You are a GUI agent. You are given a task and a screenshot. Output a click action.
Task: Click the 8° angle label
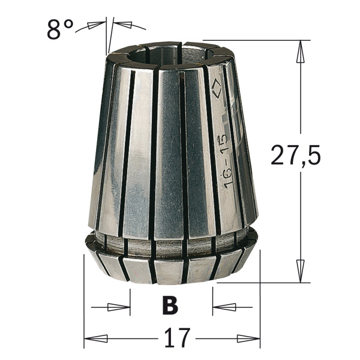pyautogui.click(x=60, y=29)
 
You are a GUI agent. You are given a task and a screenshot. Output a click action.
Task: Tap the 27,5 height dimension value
pyautogui.click(x=296, y=155)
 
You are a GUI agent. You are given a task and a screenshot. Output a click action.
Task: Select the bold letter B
pyautogui.click(x=170, y=306)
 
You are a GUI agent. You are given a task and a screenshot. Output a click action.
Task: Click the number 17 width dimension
pyautogui.click(x=177, y=338)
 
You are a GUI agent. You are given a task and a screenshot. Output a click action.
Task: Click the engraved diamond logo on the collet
pyautogui.click(x=216, y=90)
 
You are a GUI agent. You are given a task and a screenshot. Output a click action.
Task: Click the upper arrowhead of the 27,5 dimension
pyautogui.click(x=300, y=52)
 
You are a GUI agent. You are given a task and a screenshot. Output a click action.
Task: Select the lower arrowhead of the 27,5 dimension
pyautogui.click(x=300, y=271)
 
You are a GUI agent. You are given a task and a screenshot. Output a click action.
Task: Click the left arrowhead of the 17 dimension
pyautogui.click(x=96, y=338)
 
